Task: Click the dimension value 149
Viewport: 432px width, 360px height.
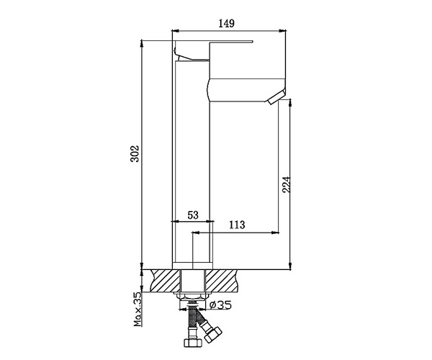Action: coord(227,24)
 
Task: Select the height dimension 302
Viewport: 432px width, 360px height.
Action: coord(135,154)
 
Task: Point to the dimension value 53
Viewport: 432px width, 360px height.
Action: coord(192,215)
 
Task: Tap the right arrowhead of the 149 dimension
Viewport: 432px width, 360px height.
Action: coord(282,31)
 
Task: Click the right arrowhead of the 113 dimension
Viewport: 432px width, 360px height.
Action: coord(277,233)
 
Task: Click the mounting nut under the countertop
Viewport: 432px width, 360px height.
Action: coord(192,295)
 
